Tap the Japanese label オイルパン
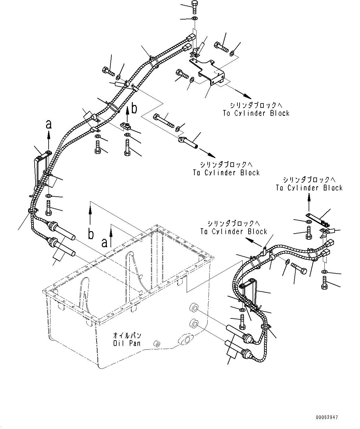[127, 336]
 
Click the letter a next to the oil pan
[105, 243]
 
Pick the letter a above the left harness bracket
[48, 125]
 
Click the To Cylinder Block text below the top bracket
[256, 113]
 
